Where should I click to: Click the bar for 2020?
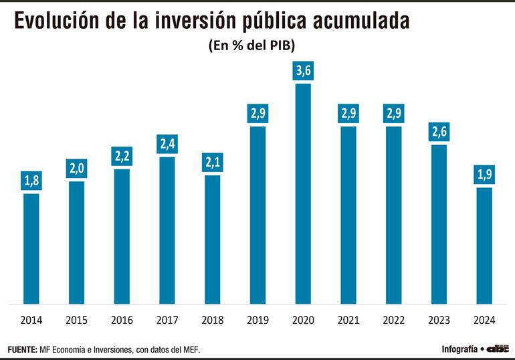[x=303, y=194]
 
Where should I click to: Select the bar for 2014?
[x=31, y=248]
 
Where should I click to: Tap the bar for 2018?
[x=212, y=240]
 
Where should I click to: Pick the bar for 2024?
[x=484, y=246]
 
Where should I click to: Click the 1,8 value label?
[x=31, y=181]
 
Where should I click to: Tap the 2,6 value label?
[x=439, y=132]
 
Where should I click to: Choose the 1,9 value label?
[x=484, y=175]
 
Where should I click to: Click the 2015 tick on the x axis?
[x=76, y=320]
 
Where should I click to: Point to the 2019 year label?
[x=257, y=320]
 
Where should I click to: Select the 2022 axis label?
[x=393, y=320]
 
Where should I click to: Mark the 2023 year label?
[x=439, y=320]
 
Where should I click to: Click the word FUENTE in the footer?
[x=22, y=349]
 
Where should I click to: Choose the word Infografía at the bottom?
[x=459, y=349]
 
